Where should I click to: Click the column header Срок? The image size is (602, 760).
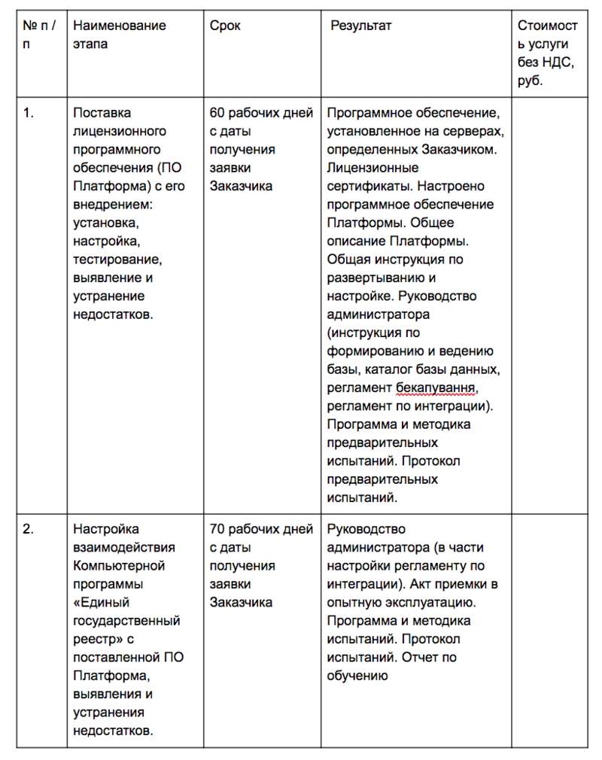[225, 26]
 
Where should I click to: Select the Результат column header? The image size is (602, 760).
[360, 26]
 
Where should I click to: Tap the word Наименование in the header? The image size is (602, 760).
[120, 26]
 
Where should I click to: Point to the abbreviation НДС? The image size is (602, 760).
[558, 62]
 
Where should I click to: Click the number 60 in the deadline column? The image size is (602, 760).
[217, 113]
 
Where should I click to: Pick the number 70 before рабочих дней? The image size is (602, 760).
[217, 530]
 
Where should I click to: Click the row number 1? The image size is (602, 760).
[28, 113]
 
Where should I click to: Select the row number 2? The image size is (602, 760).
[28, 530]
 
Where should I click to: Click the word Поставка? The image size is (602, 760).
[102, 113]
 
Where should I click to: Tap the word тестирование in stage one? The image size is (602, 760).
[117, 260]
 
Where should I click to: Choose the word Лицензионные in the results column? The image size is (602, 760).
[373, 168]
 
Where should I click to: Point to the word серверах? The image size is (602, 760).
[476, 131]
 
